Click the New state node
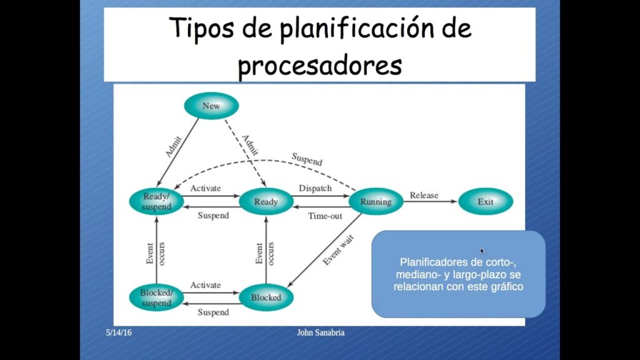(211, 106)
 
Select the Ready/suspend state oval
(156, 201)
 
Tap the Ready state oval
(266, 201)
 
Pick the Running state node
(376, 201)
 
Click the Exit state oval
(486, 201)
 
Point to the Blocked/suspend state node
(156, 297)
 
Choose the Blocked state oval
(266, 297)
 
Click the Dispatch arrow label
(315, 188)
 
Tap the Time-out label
(325, 216)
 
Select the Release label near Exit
(424, 195)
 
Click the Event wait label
(338, 250)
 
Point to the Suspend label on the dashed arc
(307, 159)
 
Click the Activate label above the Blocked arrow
(205, 285)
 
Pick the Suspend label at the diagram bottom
(213, 312)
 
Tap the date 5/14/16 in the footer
(119, 332)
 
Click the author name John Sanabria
(321, 332)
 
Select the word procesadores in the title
(320, 65)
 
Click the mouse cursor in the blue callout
(482, 251)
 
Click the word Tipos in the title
(202, 28)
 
